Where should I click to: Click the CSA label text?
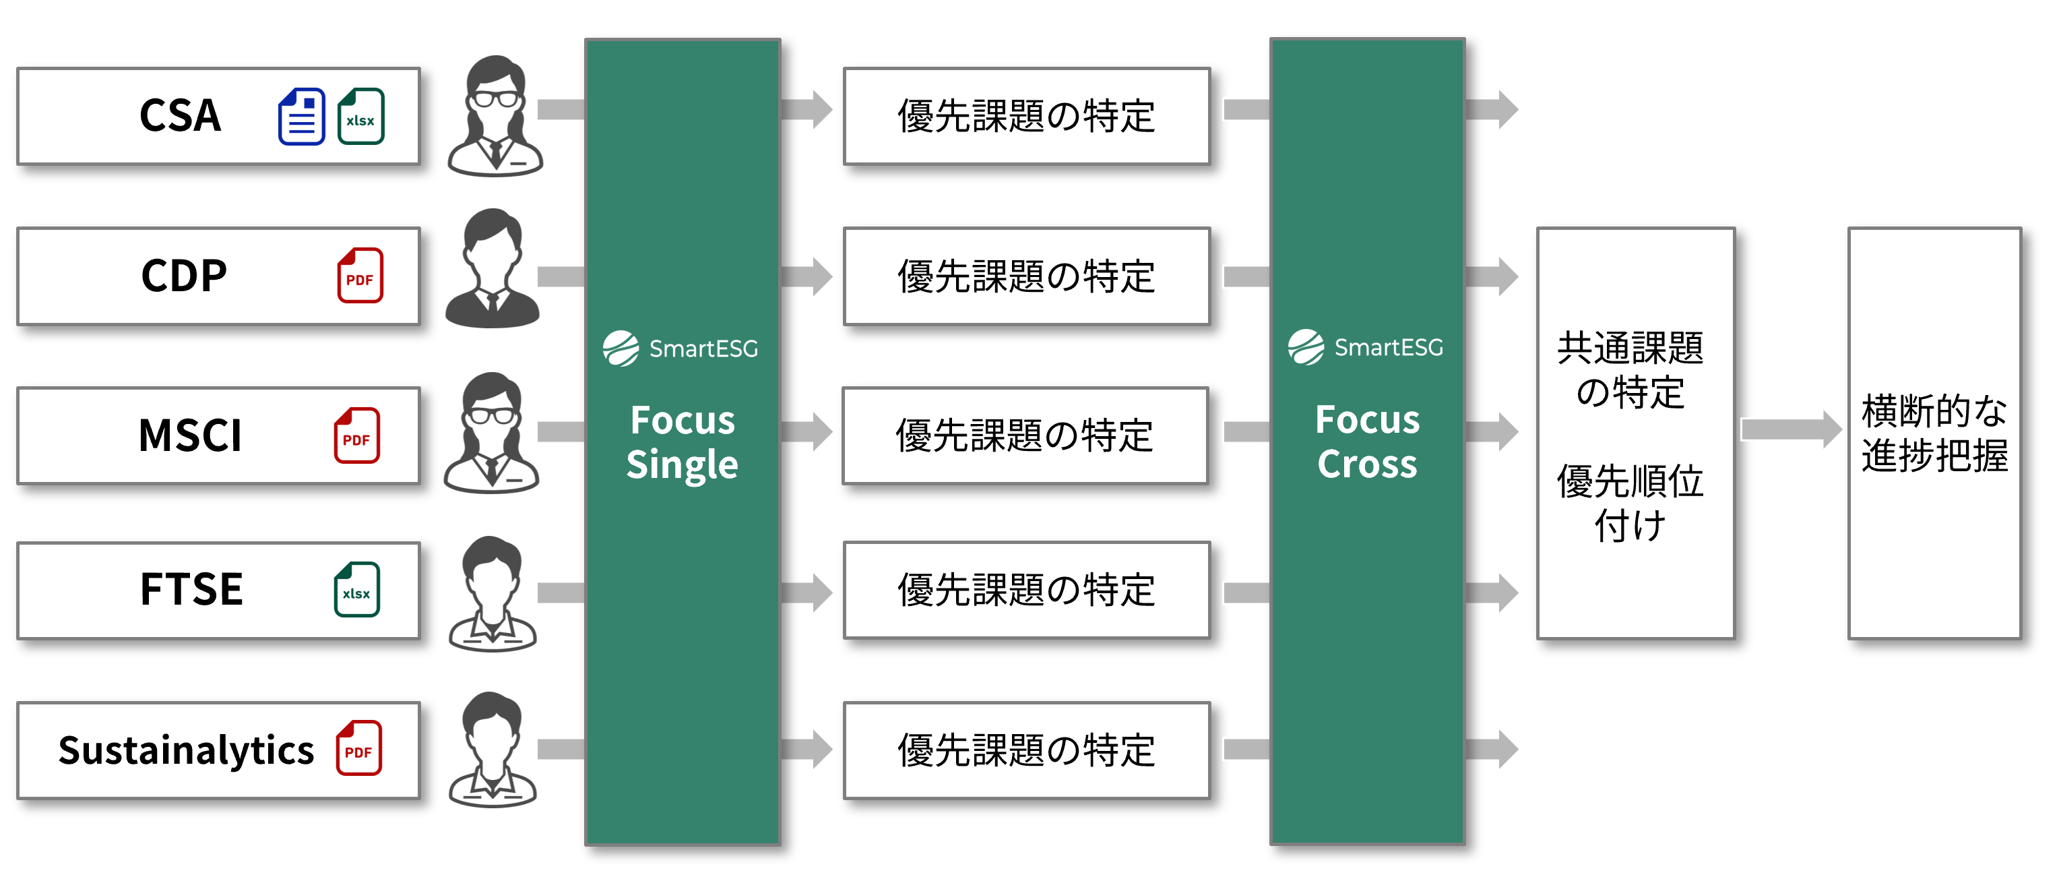pyautogui.click(x=180, y=115)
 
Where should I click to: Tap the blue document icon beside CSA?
pyautogui.click(x=301, y=117)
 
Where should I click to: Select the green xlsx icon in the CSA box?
pyautogui.click(x=360, y=117)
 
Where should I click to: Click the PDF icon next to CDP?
pyautogui.click(x=360, y=276)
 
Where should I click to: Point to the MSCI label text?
pyautogui.click(x=189, y=435)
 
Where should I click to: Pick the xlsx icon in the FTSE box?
pyautogui.click(x=356, y=590)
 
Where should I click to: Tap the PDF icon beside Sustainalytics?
pyautogui.click(x=358, y=748)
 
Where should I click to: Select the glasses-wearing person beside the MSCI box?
pyautogui.click(x=492, y=433)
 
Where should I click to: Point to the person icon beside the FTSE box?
pyautogui.click(x=493, y=593)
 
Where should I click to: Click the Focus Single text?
pyautogui.click(x=682, y=442)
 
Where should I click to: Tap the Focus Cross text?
pyautogui.click(x=1367, y=442)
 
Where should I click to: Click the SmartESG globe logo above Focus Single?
pyautogui.click(x=621, y=349)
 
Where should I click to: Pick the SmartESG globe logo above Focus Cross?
pyautogui.click(x=1306, y=347)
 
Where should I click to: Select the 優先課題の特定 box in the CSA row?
pyautogui.click(x=1026, y=116)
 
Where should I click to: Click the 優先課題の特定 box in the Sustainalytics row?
pyautogui.click(x=1026, y=750)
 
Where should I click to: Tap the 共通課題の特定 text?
pyautogui.click(x=1630, y=369)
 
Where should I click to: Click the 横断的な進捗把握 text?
pyautogui.click(x=1934, y=433)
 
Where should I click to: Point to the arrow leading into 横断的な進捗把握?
pyautogui.click(x=1790, y=429)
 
